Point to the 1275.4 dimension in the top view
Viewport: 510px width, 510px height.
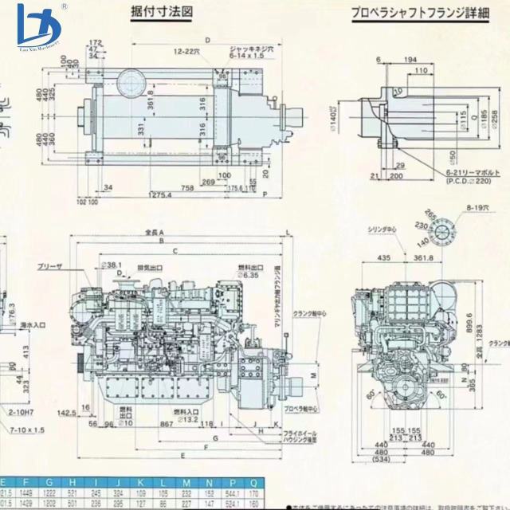[x=161, y=195]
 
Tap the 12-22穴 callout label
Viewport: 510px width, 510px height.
[x=186, y=51]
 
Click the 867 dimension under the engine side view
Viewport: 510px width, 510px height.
[x=166, y=424]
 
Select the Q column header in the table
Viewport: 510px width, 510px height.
[x=253, y=483]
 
